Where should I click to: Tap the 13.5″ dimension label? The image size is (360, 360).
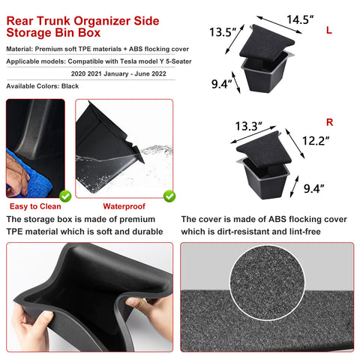coord(223,32)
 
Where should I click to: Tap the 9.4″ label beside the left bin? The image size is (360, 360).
coord(220,83)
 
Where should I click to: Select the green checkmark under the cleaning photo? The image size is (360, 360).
coord(65,196)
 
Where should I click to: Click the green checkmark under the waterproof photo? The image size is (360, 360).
coord(169,196)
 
